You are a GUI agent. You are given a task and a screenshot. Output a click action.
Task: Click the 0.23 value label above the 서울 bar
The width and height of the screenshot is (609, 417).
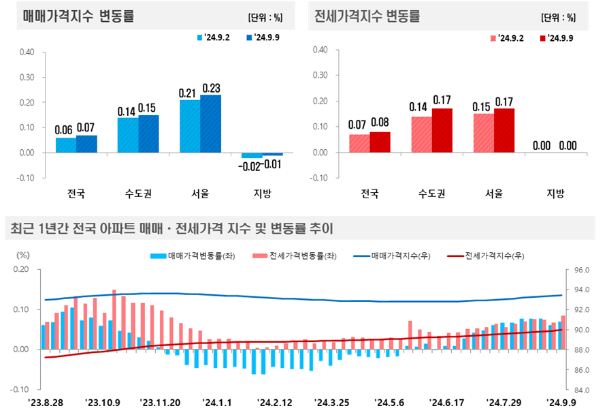coord(211,88)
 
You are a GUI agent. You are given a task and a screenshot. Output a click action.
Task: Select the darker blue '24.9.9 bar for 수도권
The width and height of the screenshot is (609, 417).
coord(148,134)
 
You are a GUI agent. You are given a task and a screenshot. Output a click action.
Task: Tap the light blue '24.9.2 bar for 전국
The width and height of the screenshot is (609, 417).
coord(66,144)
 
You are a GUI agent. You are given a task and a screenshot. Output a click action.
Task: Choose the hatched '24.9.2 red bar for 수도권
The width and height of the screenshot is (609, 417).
coord(422,134)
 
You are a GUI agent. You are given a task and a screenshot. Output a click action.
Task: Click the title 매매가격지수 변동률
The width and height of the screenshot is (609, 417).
coord(78,17)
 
